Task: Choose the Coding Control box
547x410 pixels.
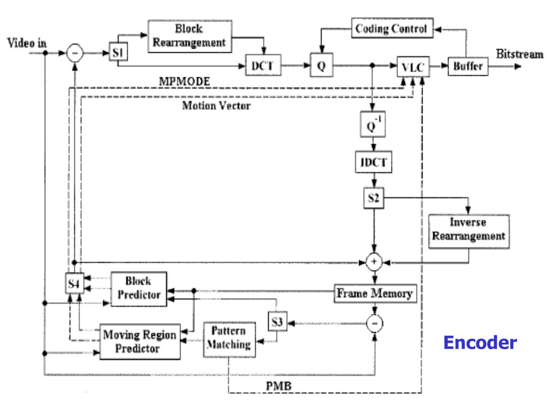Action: (x=391, y=28)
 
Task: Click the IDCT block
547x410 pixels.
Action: (x=373, y=163)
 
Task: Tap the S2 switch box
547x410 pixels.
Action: (x=373, y=199)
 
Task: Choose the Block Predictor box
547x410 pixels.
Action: (x=138, y=288)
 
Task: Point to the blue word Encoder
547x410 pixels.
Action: (x=480, y=342)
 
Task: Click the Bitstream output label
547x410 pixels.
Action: (x=518, y=54)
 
